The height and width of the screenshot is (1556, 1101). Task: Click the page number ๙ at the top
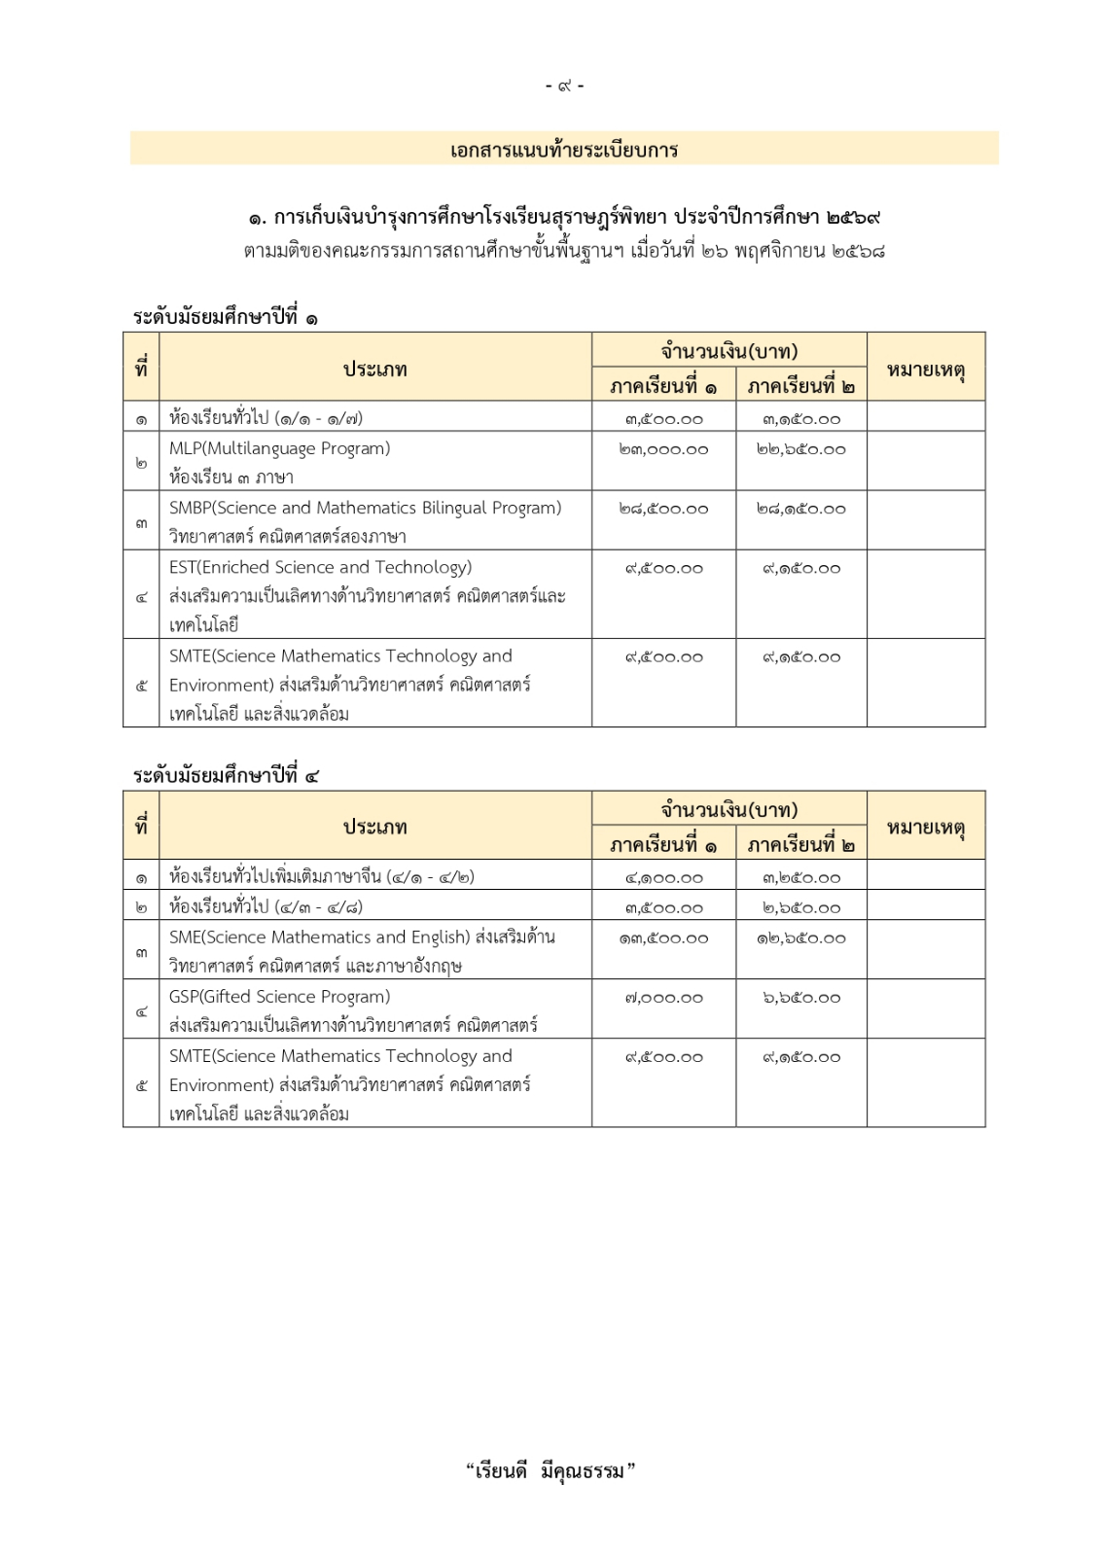point(565,87)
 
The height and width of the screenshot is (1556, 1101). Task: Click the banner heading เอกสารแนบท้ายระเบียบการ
point(564,150)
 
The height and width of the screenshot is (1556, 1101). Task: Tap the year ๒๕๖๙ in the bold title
point(854,217)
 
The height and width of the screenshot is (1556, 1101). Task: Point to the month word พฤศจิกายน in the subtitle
point(781,251)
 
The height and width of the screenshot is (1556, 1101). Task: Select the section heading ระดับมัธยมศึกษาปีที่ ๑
point(225,317)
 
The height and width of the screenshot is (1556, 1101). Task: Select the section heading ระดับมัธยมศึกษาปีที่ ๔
point(225,775)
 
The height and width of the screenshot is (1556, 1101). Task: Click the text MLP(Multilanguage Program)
point(279,449)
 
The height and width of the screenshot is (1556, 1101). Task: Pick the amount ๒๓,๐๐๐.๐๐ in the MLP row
point(663,450)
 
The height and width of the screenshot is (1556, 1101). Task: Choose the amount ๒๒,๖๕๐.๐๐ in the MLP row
point(800,450)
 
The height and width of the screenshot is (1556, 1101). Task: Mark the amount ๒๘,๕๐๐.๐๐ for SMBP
point(663,510)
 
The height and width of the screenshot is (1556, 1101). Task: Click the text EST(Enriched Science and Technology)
point(320,568)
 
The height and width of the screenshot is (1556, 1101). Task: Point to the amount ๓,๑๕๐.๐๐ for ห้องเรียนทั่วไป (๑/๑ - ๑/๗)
point(800,420)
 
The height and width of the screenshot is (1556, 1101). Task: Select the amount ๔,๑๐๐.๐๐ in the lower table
point(663,878)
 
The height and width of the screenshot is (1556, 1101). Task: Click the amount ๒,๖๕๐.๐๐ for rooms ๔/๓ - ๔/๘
point(800,908)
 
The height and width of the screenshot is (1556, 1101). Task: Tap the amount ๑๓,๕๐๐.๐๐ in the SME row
point(663,938)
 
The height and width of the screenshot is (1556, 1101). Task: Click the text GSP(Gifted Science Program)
point(279,997)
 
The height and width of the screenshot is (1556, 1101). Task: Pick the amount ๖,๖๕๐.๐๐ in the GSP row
point(800,998)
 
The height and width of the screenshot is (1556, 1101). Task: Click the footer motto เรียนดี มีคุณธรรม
point(550,1470)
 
